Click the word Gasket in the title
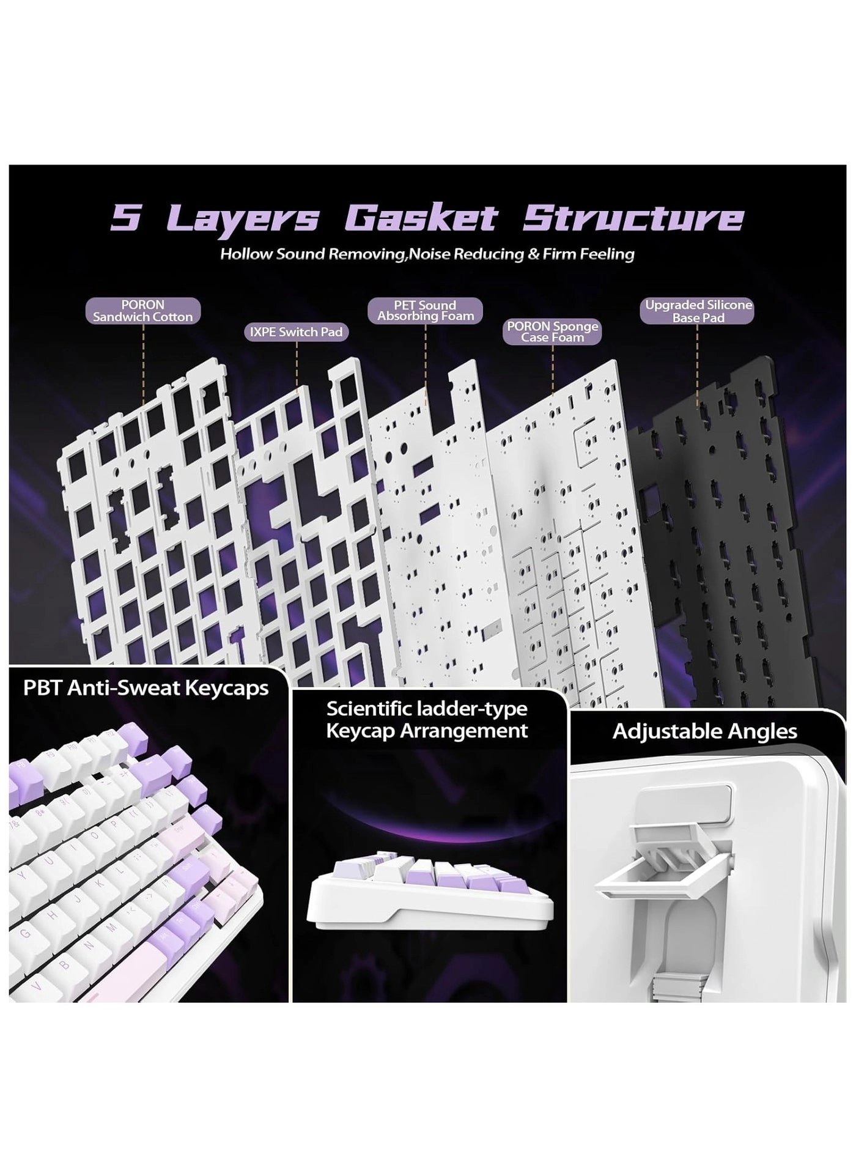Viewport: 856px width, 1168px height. click(x=421, y=218)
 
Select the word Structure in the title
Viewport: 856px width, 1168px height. click(x=633, y=218)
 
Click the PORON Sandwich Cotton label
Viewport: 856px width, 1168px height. click(x=143, y=311)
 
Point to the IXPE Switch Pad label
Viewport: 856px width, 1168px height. click(x=297, y=332)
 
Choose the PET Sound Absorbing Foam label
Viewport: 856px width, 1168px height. click(x=426, y=311)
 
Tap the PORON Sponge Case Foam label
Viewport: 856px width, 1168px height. click(x=553, y=331)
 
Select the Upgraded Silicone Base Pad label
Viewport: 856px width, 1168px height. click(x=698, y=311)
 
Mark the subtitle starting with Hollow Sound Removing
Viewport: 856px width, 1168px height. click(x=427, y=254)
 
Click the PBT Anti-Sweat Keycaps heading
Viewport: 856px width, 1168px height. click(x=146, y=688)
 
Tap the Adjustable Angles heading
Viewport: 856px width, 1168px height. click(x=705, y=731)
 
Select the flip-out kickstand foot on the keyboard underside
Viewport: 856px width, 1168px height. click(x=663, y=856)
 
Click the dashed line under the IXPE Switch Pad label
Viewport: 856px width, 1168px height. click(x=297, y=364)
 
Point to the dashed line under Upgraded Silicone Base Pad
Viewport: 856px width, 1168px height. click(x=697, y=366)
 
